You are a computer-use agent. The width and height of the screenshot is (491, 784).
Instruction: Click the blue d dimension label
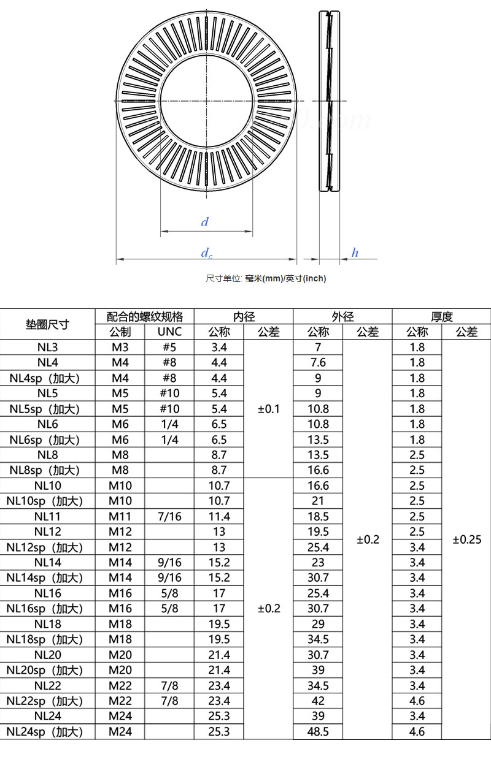[205, 221]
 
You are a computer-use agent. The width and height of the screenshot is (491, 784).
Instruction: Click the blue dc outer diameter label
[206, 253]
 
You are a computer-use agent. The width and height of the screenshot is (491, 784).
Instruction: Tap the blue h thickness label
[355, 252]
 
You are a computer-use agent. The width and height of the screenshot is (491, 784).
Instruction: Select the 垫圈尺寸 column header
[47, 324]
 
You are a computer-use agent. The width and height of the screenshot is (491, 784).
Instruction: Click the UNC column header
[169, 332]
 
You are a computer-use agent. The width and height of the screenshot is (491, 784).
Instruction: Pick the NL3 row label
[47, 347]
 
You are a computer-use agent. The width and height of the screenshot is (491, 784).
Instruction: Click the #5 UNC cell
[169, 347]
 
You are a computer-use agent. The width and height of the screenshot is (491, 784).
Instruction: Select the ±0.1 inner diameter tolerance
[268, 409]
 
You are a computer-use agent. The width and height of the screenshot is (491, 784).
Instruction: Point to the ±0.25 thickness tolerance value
[467, 539]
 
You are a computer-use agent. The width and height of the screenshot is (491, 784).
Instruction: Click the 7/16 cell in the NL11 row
[169, 516]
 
